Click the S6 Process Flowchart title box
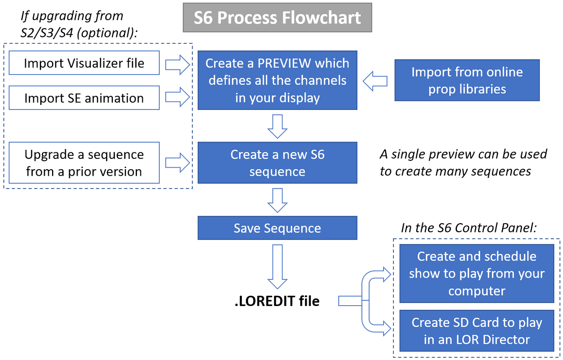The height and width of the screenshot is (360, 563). pos(277,18)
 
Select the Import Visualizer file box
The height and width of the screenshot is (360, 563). pos(84,63)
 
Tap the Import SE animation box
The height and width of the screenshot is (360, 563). pos(84,98)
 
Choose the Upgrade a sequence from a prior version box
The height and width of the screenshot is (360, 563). pos(84,163)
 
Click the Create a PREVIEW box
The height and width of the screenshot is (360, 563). pos(277,80)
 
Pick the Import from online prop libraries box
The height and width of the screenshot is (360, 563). pos(467,80)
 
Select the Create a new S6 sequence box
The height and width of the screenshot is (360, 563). pos(277,163)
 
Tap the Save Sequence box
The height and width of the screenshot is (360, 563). pos(277,228)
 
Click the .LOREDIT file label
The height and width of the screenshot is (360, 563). pos(277,301)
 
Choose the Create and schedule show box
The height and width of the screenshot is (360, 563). pos(477,273)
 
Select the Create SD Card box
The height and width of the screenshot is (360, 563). pos(477,331)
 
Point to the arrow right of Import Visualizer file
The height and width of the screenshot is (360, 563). pos(178,64)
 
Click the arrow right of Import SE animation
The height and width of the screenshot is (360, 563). pos(178,97)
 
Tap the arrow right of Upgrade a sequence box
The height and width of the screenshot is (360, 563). pos(178,162)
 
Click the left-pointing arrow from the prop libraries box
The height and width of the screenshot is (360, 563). pos(375,81)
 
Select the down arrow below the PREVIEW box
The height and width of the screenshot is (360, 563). pos(277,126)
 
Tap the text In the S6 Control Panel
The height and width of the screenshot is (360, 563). pos(469,228)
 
